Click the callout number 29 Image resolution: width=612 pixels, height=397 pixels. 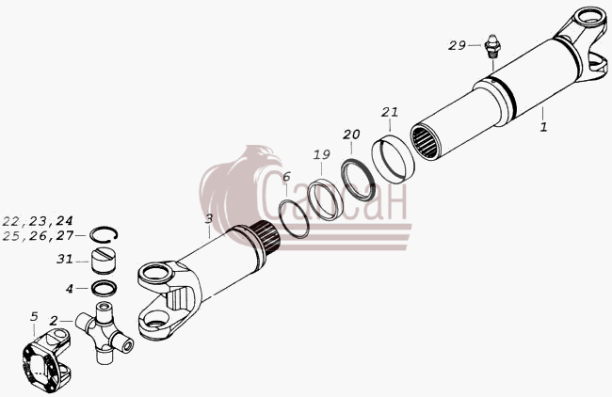click(x=457, y=46)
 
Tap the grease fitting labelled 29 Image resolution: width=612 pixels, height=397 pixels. click(x=493, y=47)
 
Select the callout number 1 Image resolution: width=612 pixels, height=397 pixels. click(x=543, y=127)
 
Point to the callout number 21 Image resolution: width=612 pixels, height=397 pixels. click(x=390, y=112)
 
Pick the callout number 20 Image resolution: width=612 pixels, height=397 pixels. click(x=351, y=135)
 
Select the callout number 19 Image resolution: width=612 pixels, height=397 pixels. click(x=322, y=155)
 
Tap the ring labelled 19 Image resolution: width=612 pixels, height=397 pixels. click(x=325, y=199)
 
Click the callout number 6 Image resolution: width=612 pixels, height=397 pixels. click(x=286, y=177)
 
